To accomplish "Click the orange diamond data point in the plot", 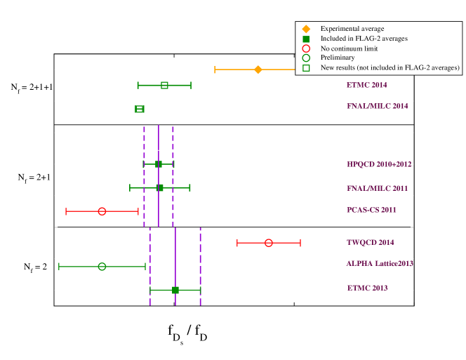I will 258,69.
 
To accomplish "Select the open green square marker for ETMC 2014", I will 164,85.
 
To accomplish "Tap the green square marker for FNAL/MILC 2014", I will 140,109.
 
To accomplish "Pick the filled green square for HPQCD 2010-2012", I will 159,164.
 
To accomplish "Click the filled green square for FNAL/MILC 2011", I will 159,187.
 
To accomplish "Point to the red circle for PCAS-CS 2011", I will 102,211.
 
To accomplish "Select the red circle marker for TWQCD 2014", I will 269,243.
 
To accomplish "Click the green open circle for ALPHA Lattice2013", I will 102,267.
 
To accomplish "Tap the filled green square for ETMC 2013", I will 175,290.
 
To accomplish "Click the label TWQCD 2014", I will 370,242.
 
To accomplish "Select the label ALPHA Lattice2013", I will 379,263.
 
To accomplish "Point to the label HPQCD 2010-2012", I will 378,164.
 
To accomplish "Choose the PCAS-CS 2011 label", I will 371,210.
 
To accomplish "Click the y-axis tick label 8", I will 48,69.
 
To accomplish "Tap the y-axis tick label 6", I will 48,133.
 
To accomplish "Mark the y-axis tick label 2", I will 48,259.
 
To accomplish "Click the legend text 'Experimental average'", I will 352,29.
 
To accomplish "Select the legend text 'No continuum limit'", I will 349,48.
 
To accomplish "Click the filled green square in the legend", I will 306,39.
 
